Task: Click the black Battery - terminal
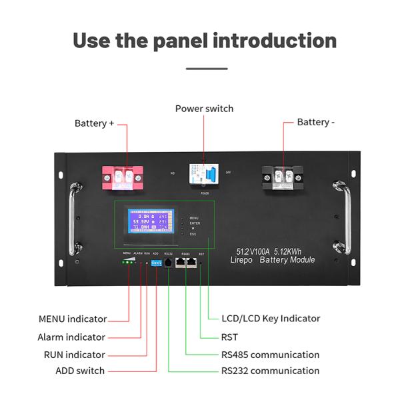[281, 177]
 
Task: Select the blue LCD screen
[150, 223]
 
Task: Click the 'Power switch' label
[204, 109]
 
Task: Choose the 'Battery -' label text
[316, 122]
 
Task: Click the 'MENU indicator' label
[72, 319]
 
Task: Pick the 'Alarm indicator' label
[71, 337]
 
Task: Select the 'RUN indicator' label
[74, 355]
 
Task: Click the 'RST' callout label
[229, 337]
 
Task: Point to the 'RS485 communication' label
[270, 355]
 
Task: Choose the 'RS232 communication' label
[270, 371]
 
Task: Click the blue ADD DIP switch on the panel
[156, 263]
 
